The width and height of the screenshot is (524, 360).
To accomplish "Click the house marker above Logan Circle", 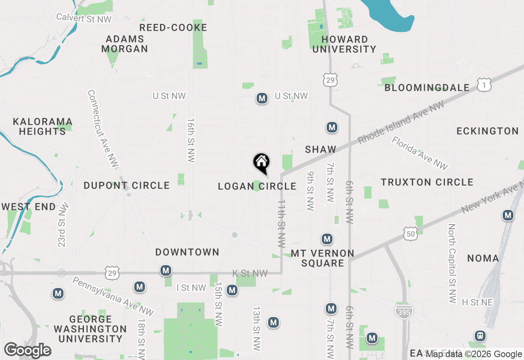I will click(261, 163).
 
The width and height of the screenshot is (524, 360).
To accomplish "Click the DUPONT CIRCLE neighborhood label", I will click(126, 186).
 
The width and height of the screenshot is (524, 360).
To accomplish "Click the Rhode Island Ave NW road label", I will click(401, 123).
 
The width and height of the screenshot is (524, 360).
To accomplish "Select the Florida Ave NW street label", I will click(420, 153).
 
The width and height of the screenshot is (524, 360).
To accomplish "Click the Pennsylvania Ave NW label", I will click(113, 297).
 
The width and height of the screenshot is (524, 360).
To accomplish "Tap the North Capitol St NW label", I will click(452, 263).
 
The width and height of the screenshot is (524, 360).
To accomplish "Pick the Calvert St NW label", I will click(84, 18).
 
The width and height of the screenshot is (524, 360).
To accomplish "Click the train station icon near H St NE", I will click(480, 336).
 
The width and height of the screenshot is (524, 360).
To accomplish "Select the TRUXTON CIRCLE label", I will click(427, 182).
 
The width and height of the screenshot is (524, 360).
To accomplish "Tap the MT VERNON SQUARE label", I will click(323, 258).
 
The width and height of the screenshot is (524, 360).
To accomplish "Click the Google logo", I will click(27, 351).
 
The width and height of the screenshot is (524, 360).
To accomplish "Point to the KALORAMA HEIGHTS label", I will click(43, 126).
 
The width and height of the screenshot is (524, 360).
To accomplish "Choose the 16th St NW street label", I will click(191, 141).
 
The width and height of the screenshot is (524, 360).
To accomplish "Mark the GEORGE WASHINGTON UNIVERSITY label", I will click(90, 329).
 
